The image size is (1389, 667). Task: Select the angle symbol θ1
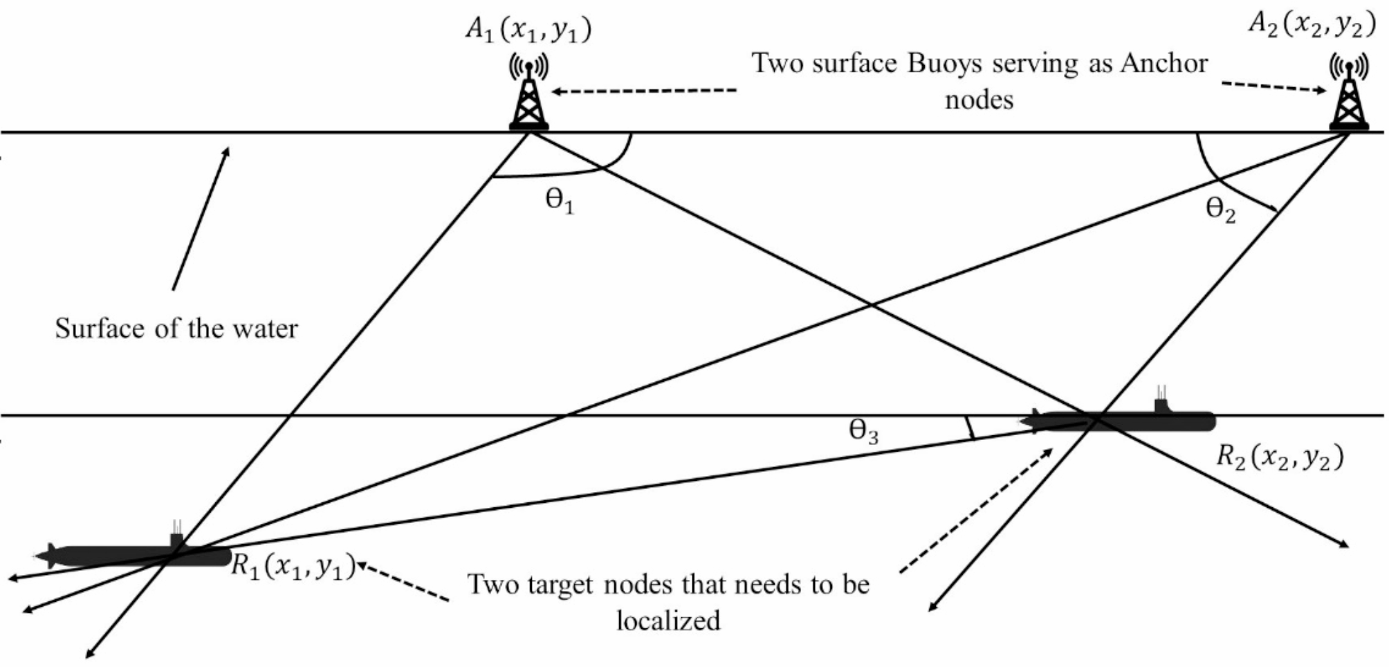(559, 201)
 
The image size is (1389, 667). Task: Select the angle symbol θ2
(1220, 209)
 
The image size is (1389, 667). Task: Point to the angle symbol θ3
(863, 432)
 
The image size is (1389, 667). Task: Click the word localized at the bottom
(668, 621)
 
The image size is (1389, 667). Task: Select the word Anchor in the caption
(1164, 64)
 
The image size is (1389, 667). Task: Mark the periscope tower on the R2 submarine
(1161, 401)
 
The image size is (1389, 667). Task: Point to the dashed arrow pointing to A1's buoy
(643, 91)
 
